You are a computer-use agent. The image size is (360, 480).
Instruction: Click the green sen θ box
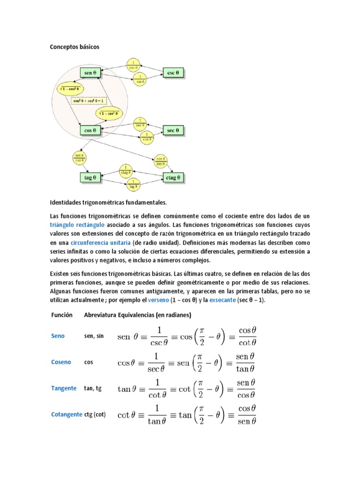click(91, 73)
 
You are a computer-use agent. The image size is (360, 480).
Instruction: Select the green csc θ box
click(173, 73)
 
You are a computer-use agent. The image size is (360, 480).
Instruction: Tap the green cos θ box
click(91, 130)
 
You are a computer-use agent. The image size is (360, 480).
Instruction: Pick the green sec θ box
click(173, 130)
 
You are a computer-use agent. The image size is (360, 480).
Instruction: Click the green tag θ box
click(90, 178)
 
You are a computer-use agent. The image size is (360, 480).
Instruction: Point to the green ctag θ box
click(173, 178)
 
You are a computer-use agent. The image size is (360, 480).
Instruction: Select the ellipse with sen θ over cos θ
click(79, 157)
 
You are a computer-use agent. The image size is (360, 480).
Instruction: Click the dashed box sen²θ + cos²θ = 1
click(89, 100)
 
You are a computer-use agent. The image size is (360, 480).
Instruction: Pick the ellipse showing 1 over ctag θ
click(125, 169)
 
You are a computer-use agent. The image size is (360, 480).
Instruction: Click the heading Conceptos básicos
click(75, 47)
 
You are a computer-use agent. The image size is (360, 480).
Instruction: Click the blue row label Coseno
click(61, 362)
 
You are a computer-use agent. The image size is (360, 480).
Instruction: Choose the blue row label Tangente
click(63, 388)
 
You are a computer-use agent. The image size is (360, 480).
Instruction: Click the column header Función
click(61, 315)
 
